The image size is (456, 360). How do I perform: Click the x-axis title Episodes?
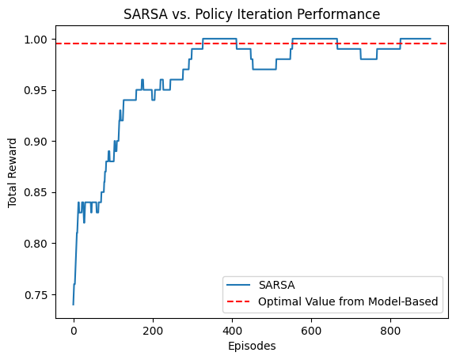click(x=251, y=346)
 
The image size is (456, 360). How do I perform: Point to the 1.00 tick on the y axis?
click(x=39, y=40)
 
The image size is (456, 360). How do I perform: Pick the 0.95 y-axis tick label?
click(x=39, y=90)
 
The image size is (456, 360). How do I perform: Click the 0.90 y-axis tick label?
click(x=39, y=142)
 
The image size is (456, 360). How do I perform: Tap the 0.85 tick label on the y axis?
click(x=39, y=192)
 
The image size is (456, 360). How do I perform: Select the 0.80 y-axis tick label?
click(x=39, y=244)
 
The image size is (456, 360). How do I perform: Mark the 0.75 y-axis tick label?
click(x=39, y=294)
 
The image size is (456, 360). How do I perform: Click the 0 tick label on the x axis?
click(x=74, y=331)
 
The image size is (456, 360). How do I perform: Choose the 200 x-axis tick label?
click(x=153, y=331)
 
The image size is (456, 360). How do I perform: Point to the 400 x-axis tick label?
click(x=232, y=331)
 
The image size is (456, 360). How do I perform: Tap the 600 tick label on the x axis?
click(x=311, y=331)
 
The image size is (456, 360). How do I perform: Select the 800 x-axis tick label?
click(x=390, y=331)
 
